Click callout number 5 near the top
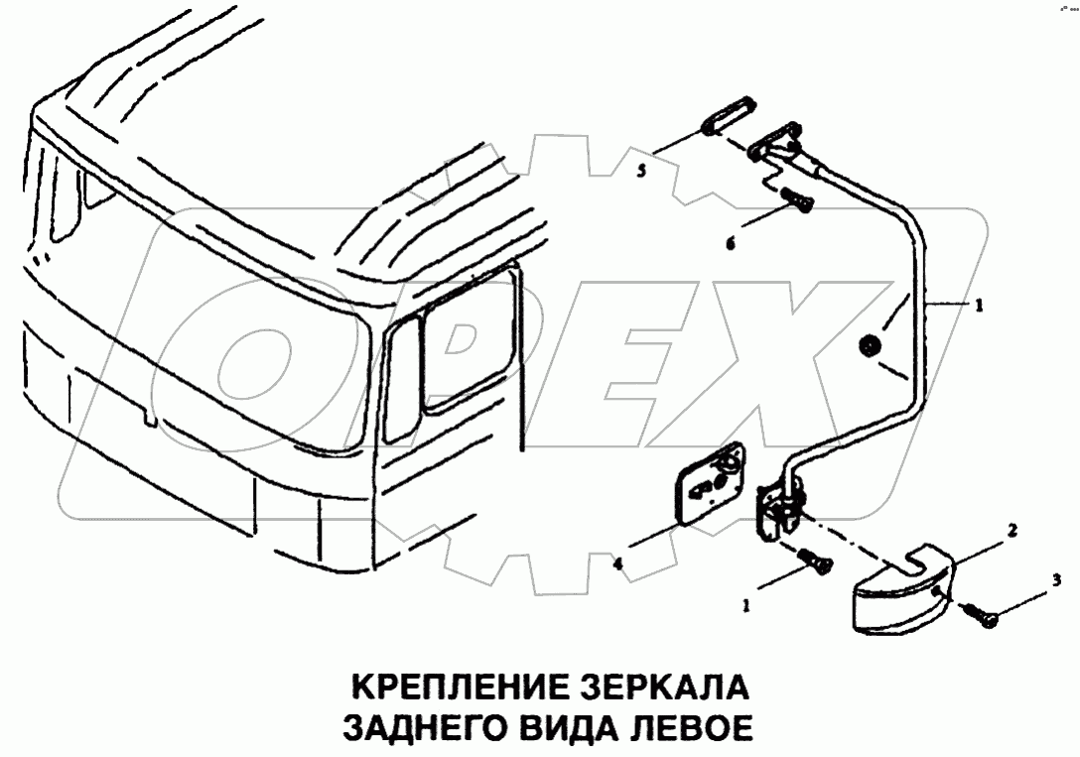click(x=641, y=171)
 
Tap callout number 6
click(x=731, y=242)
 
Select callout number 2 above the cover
click(x=1012, y=531)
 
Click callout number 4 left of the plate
click(x=617, y=565)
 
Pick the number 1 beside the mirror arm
click(x=978, y=308)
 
